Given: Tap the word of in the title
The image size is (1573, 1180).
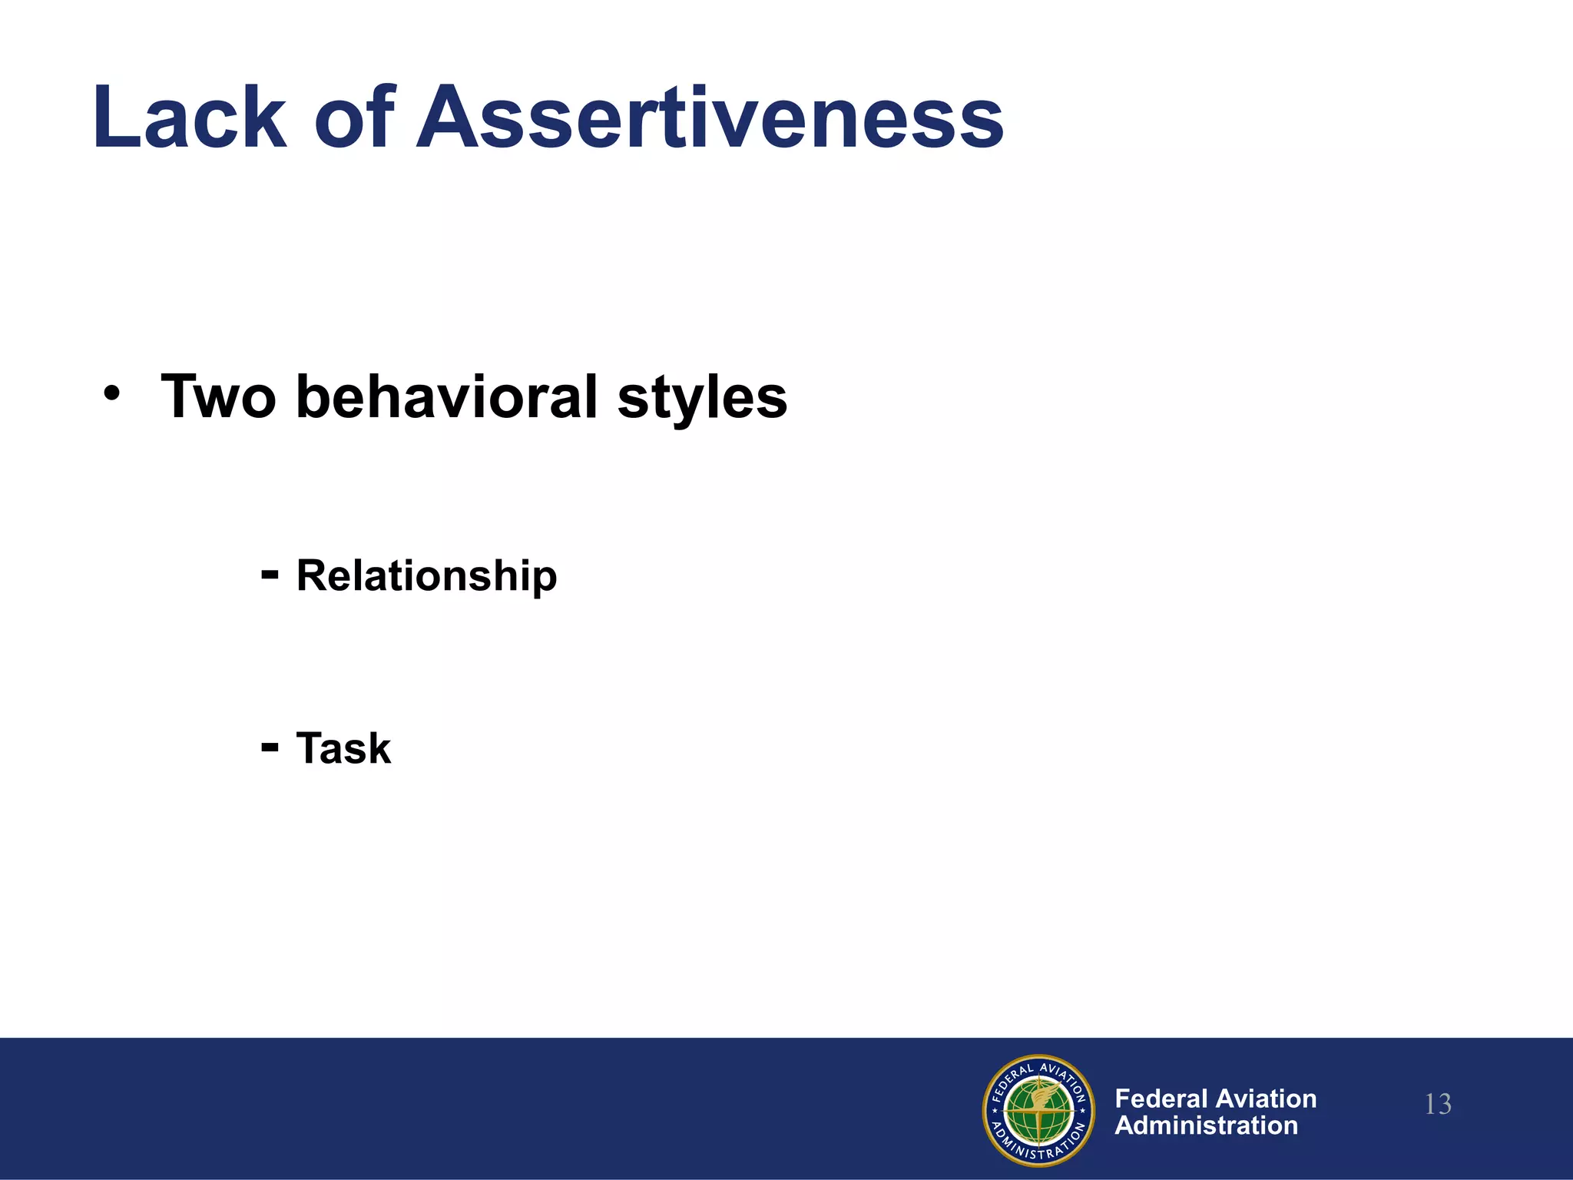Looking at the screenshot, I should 355,118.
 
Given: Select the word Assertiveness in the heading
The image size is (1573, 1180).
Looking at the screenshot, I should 710,118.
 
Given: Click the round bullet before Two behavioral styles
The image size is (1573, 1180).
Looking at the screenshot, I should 112,394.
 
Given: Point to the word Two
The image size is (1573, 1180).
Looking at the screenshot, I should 218,397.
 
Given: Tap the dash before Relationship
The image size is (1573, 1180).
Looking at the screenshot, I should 270,573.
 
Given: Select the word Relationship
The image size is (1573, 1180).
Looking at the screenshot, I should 426,576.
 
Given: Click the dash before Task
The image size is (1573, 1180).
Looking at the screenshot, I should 270,746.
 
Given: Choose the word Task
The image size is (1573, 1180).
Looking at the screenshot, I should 343,748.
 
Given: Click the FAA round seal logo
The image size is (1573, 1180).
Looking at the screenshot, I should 1038,1110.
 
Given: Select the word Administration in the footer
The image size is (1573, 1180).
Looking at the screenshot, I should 1206,1125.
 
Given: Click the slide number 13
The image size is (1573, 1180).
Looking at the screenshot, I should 1438,1105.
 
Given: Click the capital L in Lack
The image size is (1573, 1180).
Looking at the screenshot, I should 115,118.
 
